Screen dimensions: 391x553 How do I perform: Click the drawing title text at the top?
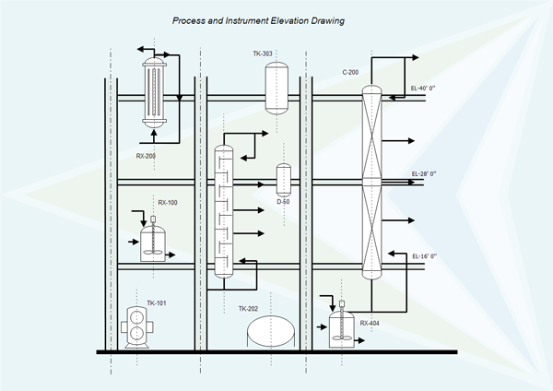click(258, 20)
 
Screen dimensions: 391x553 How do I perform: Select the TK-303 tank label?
click(264, 53)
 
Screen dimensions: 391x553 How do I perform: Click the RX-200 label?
click(146, 156)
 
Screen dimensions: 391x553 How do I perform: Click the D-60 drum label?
click(283, 201)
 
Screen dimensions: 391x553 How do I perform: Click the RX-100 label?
click(168, 202)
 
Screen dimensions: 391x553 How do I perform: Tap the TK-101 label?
click(157, 302)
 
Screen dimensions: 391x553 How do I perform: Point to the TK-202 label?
click(249, 309)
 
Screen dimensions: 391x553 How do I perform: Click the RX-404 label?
click(370, 323)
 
